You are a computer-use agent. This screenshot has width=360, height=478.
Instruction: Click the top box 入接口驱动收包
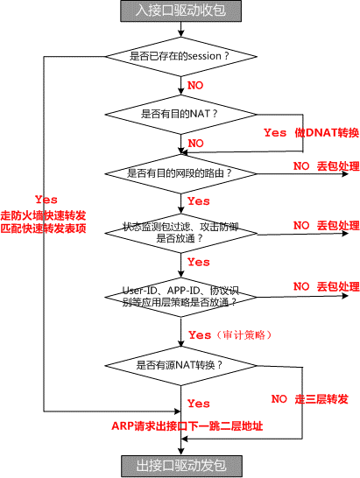[181, 11]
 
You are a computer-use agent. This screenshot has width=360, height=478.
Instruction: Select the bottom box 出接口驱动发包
[181, 466]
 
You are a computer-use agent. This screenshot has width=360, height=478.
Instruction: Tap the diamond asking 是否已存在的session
[181, 56]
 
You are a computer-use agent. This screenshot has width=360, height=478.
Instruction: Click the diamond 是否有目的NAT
[181, 115]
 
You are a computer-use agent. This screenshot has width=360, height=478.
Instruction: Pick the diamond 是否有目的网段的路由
[181, 173]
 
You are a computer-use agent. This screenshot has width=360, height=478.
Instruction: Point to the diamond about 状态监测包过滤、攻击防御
[181, 233]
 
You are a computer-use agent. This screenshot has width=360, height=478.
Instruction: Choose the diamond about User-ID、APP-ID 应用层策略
[181, 297]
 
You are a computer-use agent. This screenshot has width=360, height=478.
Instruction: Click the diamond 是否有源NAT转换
[181, 366]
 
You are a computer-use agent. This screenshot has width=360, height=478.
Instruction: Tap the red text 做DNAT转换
[327, 132]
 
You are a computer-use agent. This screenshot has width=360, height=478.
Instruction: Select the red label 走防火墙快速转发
[43, 215]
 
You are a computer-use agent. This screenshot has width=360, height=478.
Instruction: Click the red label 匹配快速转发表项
[43, 228]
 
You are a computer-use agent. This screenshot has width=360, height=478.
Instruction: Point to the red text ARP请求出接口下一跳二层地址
[187, 425]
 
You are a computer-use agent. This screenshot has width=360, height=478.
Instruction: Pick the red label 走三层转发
[321, 399]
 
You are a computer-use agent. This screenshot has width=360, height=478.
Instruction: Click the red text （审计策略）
[244, 335]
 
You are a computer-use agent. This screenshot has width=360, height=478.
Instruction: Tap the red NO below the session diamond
[195, 86]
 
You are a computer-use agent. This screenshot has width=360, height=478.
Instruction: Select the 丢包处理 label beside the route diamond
[338, 166]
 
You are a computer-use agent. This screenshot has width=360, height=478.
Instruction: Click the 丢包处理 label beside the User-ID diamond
[338, 286]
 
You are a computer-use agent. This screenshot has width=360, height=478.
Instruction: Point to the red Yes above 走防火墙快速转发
[46, 200]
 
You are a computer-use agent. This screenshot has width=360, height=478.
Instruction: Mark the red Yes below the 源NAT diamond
[199, 404]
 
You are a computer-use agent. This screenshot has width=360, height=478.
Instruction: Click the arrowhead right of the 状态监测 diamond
[345, 234]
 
